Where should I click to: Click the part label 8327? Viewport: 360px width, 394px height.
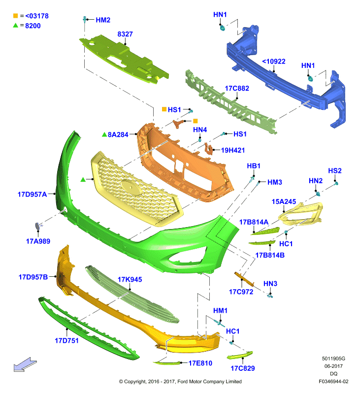coord(125,34)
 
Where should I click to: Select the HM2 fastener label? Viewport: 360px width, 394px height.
coord(103,20)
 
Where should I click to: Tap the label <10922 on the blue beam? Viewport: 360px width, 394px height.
coord(274,62)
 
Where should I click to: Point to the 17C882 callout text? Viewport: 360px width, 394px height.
coord(237,89)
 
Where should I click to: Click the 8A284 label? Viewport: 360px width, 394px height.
coord(118,134)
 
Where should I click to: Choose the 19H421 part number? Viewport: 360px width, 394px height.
coord(233,150)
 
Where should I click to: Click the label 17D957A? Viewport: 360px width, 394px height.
coord(32,194)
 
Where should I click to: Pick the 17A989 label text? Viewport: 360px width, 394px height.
coord(38,241)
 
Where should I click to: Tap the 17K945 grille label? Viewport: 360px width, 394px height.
coord(130,279)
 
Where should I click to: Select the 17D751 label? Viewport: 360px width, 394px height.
coord(66,341)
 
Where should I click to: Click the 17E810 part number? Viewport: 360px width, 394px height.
coord(200,363)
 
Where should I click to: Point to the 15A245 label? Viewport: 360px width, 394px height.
coord(284,201)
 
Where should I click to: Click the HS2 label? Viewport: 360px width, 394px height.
coord(335,171)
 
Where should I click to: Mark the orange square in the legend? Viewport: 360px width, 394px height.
coord(16,16)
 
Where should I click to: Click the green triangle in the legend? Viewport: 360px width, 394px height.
coord(16,25)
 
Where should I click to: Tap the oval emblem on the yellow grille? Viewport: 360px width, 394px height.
coord(131,188)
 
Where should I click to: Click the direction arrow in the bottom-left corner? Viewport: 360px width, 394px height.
coord(25,364)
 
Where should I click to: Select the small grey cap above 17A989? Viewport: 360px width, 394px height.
coord(37,226)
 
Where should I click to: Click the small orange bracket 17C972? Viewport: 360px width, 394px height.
coord(244,279)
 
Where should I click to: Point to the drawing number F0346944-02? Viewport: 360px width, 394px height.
coord(333,381)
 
